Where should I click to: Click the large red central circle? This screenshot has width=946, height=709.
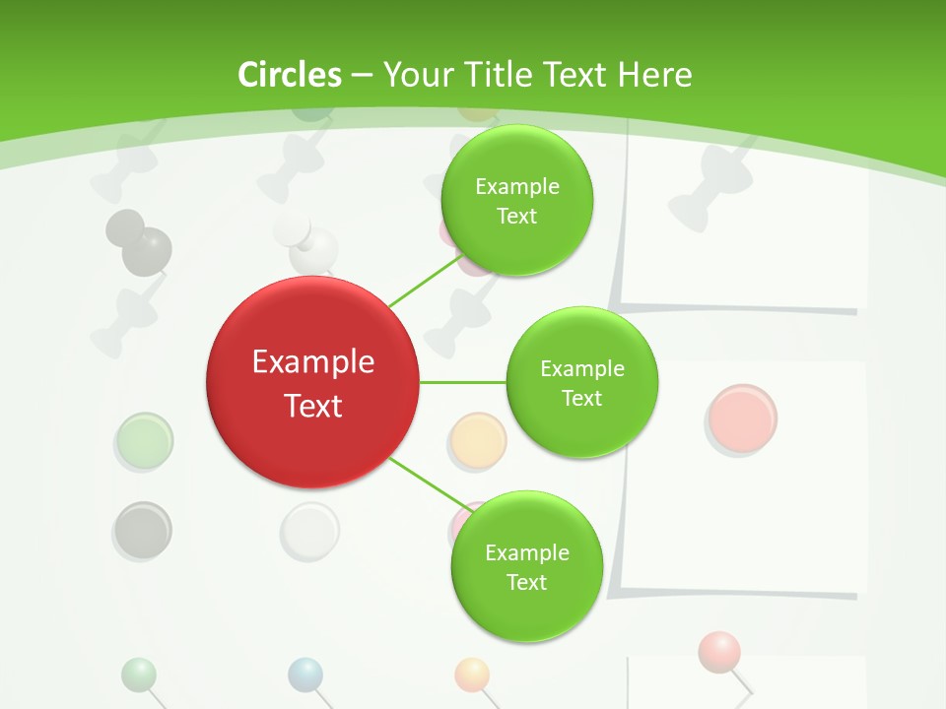coord(313,382)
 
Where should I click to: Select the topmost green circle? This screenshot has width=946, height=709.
coord(516,201)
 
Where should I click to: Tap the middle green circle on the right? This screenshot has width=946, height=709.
coord(581,383)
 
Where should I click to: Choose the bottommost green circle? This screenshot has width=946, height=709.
coord(526,566)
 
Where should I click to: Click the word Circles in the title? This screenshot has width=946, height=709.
coord(290,75)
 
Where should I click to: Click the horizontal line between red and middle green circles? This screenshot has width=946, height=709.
coord(463,382)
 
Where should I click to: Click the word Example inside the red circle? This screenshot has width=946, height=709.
coord(313,362)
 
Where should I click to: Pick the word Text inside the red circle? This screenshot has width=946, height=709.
coord(313,406)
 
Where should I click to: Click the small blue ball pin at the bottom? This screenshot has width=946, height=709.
coord(305,675)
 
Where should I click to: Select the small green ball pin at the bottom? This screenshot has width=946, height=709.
coord(139,675)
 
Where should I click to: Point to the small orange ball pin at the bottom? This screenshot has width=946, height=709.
coord(472,675)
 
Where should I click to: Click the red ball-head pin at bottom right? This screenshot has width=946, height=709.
coord(719,651)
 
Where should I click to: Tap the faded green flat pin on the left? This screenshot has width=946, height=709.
coord(144,440)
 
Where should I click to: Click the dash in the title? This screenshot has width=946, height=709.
coord(362,75)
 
